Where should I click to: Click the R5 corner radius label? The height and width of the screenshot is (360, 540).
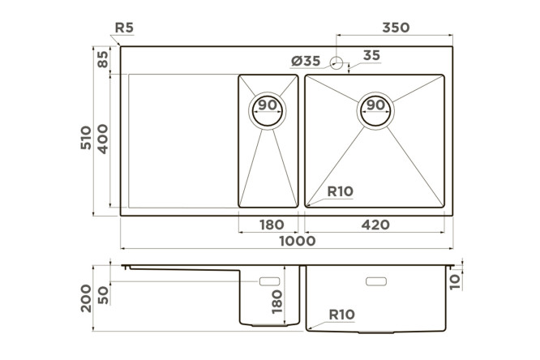pyautogui.click(x=124, y=28)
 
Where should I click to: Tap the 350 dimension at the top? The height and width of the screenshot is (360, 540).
pyautogui.click(x=396, y=28)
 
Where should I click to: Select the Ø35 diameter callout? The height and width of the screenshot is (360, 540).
pyautogui.click(x=306, y=62)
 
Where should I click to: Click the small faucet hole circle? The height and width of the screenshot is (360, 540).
pyautogui.click(x=336, y=63)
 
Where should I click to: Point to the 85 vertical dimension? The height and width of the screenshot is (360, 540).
pyautogui.click(x=103, y=59)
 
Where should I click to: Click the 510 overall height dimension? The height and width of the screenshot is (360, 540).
pyautogui.click(x=86, y=138)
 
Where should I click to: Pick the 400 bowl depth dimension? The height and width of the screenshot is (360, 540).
pyautogui.click(x=102, y=139)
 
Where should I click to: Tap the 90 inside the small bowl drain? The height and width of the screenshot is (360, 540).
pyautogui.click(x=268, y=105)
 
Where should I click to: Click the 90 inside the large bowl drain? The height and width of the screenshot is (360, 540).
pyautogui.click(x=375, y=105)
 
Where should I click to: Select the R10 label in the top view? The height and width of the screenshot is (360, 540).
pyautogui.click(x=341, y=191)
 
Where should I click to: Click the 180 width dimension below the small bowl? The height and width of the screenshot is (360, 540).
pyautogui.click(x=272, y=225)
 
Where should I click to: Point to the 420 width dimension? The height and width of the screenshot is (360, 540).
pyautogui.click(x=375, y=225)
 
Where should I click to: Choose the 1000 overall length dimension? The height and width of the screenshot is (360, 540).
pyautogui.click(x=298, y=241)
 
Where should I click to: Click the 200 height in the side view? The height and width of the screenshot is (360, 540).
pyautogui.click(x=86, y=298)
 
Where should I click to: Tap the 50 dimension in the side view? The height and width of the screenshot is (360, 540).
pyautogui.click(x=103, y=296)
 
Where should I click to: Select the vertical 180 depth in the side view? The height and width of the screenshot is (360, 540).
pyautogui.click(x=276, y=302)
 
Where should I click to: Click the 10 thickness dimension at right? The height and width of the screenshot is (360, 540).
pyautogui.click(x=455, y=281)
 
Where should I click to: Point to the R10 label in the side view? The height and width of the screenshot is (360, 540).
pyautogui.click(x=341, y=315)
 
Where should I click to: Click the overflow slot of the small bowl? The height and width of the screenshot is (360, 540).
pyautogui.click(x=269, y=281)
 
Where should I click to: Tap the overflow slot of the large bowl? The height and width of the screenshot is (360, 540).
pyautogui.click(x=376, y=281)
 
